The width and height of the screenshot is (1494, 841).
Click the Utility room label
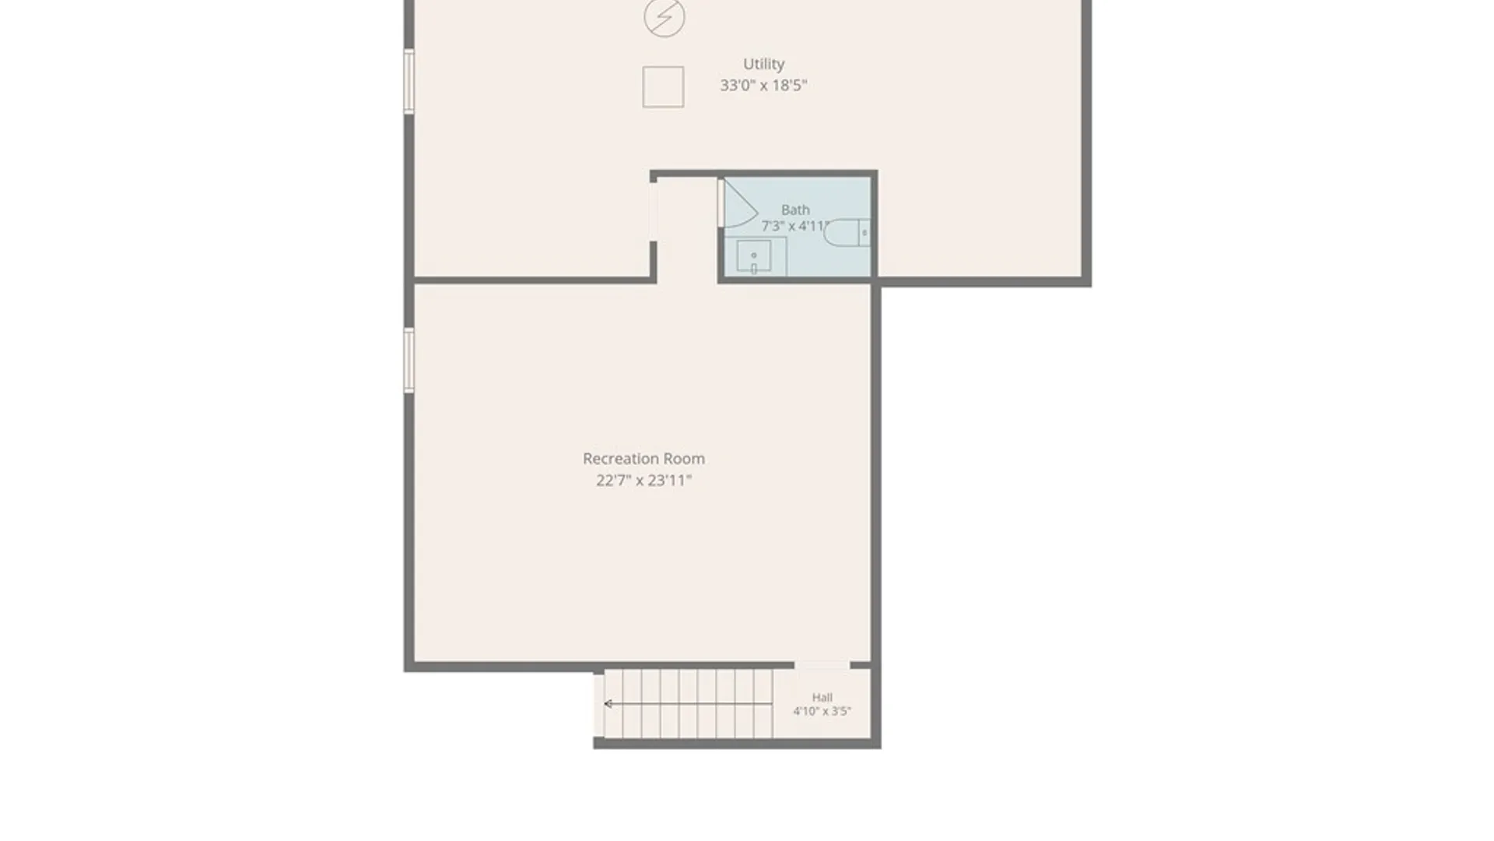pos(763,65)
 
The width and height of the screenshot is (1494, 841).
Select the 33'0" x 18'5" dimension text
pos(763,86)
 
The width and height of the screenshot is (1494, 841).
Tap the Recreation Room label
pos(644,459)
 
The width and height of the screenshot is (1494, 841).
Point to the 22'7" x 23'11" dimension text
pos(644,480)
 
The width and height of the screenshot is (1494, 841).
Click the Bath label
pos(795,209)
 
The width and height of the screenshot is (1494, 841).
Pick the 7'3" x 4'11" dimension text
pos(794,226)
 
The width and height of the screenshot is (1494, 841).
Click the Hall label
pos(822,698)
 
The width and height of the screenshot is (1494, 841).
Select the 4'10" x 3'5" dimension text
pos(822,711)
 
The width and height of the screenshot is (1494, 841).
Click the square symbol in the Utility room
pos(663,86)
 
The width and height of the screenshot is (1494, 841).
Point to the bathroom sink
pos(754,256)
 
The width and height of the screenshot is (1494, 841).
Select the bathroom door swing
pos(739,204)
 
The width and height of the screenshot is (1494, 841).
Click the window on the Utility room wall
pos(409,81)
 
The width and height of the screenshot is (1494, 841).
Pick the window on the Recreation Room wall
pos(409,360)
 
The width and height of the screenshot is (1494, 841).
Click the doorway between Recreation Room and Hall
pos(822,666)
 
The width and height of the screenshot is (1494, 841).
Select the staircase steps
pos(688,704)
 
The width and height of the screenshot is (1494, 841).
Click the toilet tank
pos(864,233)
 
